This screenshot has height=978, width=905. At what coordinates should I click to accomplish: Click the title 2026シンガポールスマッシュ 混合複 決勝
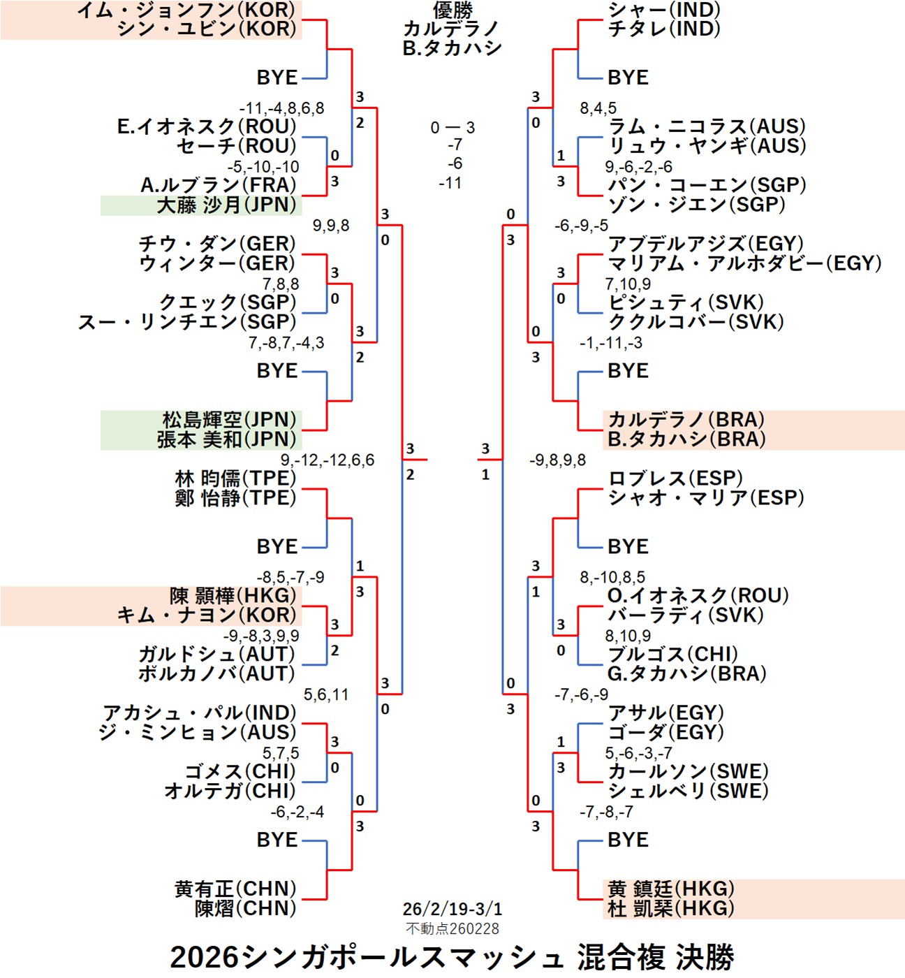pyautogui.click(x=452, y=956)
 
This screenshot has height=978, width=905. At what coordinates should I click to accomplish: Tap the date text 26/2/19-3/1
pyautogui.click(x=452, y=909)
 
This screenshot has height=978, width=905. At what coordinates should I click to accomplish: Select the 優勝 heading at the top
pyautogui.click(x=453, y=10)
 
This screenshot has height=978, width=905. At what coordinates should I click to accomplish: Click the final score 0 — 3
pyautogui.click(x=453, y=128)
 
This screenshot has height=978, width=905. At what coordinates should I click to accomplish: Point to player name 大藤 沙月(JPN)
pyautogui.click(x=227, y=205)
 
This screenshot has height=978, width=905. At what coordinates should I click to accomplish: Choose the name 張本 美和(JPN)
pyautogui.click(x=227, y=439)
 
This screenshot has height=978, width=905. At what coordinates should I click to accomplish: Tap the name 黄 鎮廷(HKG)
pyautogui.click(x=671, y=889)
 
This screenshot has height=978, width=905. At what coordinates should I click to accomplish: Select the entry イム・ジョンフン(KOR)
pyautogui.click(x=186, y=10)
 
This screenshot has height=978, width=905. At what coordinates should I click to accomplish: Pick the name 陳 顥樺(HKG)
pyautogui.click(x=233, y=596)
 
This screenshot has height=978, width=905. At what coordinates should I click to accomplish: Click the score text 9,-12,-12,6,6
pyautogui.click(x=328, y=460)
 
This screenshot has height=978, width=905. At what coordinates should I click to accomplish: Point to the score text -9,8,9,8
pyautogui.click(x=557, y=460)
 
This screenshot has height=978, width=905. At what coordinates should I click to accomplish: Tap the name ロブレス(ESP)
pyautogui.click(x=675, y=479)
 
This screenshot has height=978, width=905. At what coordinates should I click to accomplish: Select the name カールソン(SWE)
pyautogui.click(x=688, y=772)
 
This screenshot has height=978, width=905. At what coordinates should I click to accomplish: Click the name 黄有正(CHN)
pyautogui.click(x=235, y=889)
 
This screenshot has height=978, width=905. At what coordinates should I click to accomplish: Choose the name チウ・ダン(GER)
pyautogui.click(x=217, y=244)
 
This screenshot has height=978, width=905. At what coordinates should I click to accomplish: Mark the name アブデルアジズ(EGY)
pyautogui.click(x=706, y=244)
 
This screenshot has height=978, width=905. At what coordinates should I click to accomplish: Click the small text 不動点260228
pyautogui.click(x=452, y=928)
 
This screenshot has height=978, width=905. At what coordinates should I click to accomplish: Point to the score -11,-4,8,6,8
pyautogui.click(x=282, y=108)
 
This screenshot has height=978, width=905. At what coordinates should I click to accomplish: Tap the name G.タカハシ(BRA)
pyautogui.click(x=686, y=674)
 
